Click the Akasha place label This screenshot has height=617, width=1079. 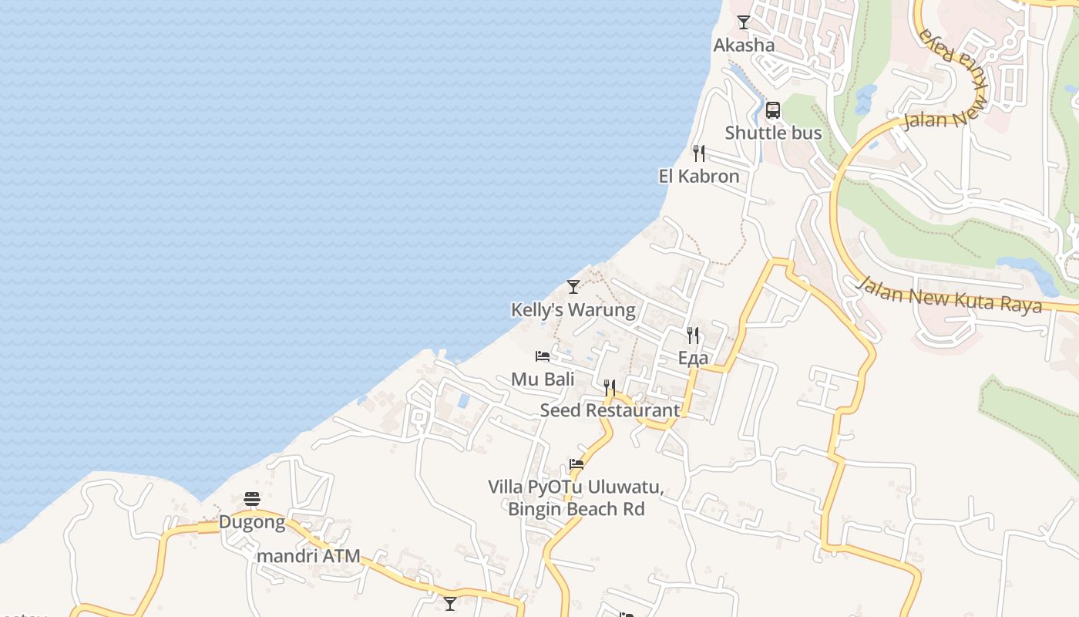point(744,45)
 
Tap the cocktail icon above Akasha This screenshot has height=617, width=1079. point(744,22)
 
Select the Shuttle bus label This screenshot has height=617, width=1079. point(773,133)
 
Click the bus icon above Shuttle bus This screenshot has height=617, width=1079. point(773,110)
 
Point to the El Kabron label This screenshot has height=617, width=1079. point(698,176)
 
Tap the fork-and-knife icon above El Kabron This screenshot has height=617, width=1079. point(698,153)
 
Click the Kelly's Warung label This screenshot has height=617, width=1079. point(573,310)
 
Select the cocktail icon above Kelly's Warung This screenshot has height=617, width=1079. point(573,287)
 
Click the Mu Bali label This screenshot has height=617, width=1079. point(543,379)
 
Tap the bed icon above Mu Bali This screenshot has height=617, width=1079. point(543,356)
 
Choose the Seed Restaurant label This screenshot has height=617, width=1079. point(610,410)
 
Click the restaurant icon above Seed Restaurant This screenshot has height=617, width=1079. point(610,387)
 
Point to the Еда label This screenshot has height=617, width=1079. point(693,358)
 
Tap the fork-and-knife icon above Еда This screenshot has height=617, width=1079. point(693,335)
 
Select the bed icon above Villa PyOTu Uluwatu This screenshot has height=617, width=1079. point(576,464)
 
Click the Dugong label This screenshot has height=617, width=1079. point(251,522)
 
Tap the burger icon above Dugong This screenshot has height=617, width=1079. point(252,500)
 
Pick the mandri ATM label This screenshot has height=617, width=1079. point(308,556)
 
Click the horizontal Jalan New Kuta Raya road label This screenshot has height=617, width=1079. point(950,295)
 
